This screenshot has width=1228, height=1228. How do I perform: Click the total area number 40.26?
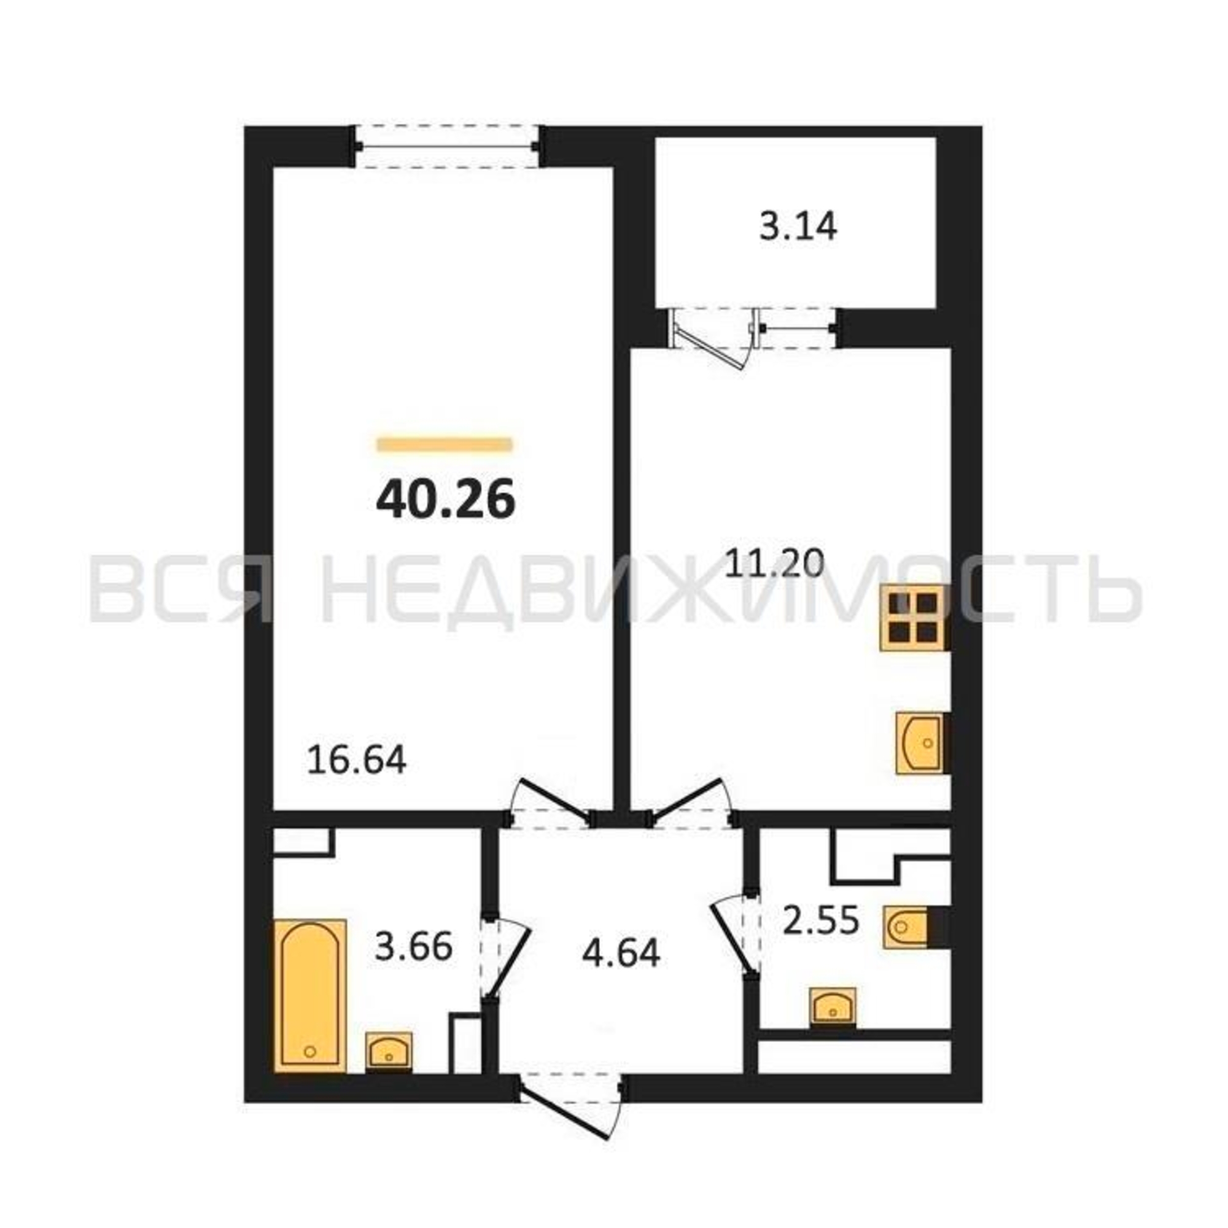tap(445, 500)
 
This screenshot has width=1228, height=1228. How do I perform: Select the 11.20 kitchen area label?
tap(775, 562)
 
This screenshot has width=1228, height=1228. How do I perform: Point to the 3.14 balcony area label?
tap(798, 227)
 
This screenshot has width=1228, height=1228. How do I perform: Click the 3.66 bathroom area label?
tap(414, 946)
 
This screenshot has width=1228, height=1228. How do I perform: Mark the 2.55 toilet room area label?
tap(820, 920)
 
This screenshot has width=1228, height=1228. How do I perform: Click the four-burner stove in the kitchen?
tap(914, 618)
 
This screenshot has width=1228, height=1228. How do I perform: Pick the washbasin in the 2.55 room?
tap(833, 1006)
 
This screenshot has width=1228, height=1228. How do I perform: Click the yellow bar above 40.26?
tap(445, 444)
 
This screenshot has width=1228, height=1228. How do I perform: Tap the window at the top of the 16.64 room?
tap(448, 147)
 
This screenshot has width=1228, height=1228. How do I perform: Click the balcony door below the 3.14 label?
tap(715, 336)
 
